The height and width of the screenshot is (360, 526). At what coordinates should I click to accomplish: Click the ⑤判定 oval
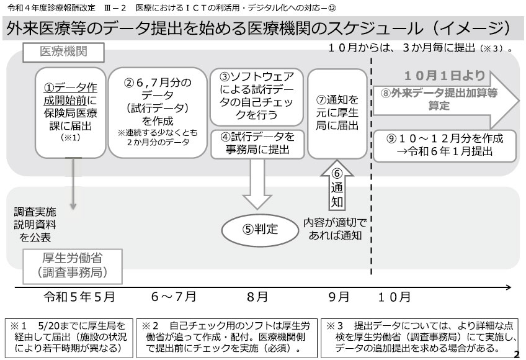click(x=260, y=230)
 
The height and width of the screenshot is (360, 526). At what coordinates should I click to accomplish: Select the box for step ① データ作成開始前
click(x=71, y=113)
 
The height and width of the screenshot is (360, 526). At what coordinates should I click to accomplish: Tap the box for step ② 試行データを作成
click(x=158, y=113)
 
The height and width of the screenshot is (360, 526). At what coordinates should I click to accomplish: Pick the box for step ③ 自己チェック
click(x=257, y=97)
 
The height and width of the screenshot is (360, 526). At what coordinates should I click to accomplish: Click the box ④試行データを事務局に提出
click(x=257, y=144)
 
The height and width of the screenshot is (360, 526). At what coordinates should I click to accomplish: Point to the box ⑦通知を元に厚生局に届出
click(x=337, y=114)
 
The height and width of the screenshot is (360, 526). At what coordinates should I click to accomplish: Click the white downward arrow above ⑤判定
click(x=257, y=184)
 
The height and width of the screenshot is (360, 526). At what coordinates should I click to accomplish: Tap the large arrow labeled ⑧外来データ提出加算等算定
click(x=446, y=99)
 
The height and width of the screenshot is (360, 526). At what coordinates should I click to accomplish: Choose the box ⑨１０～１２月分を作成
click(x=445, y=146)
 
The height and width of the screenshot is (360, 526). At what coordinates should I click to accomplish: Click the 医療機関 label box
click(x=63, y=52)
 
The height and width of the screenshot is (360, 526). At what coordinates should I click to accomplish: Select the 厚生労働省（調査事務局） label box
click(x=73, y=266)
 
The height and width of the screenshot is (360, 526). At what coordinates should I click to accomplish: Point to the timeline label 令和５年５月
click(x=79, y=297)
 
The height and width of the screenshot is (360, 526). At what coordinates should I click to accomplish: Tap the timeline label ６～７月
click(x=174, y=297)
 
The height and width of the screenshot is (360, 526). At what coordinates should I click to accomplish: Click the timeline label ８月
click(x=257, y=297)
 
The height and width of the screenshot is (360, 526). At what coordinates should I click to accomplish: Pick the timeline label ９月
click(x=339, y=297)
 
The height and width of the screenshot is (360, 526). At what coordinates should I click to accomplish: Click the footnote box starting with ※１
click(x=69, y=338)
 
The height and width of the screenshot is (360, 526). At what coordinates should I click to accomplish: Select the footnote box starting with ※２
click(x=227, y=338)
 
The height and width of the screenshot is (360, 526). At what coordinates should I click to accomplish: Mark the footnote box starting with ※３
click(x=420, y=338)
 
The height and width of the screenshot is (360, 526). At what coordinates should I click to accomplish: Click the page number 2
click(x=517, y=354)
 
